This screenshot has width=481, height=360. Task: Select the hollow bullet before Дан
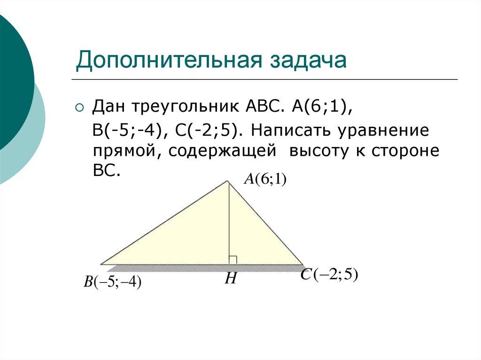[79, 108]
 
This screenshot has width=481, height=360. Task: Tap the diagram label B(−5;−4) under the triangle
[113, 283]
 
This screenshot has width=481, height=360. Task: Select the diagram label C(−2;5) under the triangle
[329, 275]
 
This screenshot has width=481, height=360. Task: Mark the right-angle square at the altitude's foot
[233, 260]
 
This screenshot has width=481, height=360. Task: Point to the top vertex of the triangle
[228, 181]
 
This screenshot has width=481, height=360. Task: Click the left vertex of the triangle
[101, 264]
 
